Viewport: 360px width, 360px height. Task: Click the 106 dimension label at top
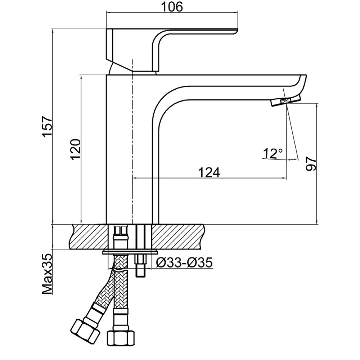point(172,6)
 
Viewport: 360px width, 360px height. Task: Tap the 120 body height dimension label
point(76,149)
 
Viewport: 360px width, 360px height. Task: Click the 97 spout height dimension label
point(311,164)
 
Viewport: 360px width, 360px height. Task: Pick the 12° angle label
point(273,153)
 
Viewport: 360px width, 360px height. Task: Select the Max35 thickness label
point(47,274)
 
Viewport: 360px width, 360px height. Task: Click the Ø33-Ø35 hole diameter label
point(184,263)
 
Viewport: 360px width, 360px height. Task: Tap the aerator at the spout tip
point(286,101)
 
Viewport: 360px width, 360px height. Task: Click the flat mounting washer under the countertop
point(130,252)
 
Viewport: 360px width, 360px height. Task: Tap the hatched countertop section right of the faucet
point(178,237)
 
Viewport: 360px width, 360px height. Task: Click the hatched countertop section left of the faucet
point(89,237)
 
